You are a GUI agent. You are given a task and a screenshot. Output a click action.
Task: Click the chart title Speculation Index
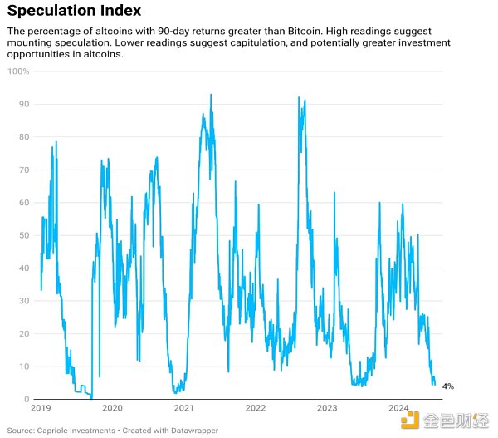click(x=74, y=12)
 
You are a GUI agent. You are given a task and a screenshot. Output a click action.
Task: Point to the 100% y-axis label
click(x=19, y=71)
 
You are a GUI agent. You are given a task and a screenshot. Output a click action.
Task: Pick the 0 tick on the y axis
click(x=26, y=399)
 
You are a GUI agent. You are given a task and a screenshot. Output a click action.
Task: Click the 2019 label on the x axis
click(x=41, y=408)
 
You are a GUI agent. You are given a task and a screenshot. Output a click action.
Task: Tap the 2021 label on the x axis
click(x=184, y=408)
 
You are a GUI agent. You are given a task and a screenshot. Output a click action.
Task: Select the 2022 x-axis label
click(x=256, y=408)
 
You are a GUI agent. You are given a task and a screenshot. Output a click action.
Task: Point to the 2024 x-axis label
click(x=399, y=408)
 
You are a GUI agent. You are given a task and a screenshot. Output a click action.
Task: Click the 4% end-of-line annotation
click(x=447, y=386)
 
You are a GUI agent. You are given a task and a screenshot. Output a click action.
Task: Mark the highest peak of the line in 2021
click(x=211, y=96)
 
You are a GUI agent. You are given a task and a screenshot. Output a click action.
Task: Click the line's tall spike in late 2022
click(x=298, y=98)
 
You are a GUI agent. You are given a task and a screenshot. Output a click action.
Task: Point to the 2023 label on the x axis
click(x=327, y=408)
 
